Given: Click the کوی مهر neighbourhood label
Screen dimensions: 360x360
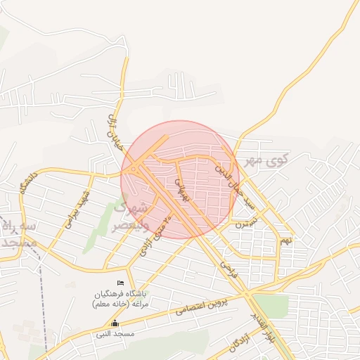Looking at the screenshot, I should coord(263,161).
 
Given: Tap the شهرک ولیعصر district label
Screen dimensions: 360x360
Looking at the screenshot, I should coord(131,218).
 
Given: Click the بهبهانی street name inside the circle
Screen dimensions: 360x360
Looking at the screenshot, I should coord(183,186).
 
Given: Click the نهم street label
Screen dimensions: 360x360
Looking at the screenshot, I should coord(285,240).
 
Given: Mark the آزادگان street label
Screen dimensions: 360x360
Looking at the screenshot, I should coord(239,342).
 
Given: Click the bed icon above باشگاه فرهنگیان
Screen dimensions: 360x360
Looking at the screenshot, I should coord(120,283).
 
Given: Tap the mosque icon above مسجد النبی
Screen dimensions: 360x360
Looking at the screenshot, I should coord(115,323).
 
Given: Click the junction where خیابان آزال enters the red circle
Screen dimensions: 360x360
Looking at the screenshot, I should coord(129,157).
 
